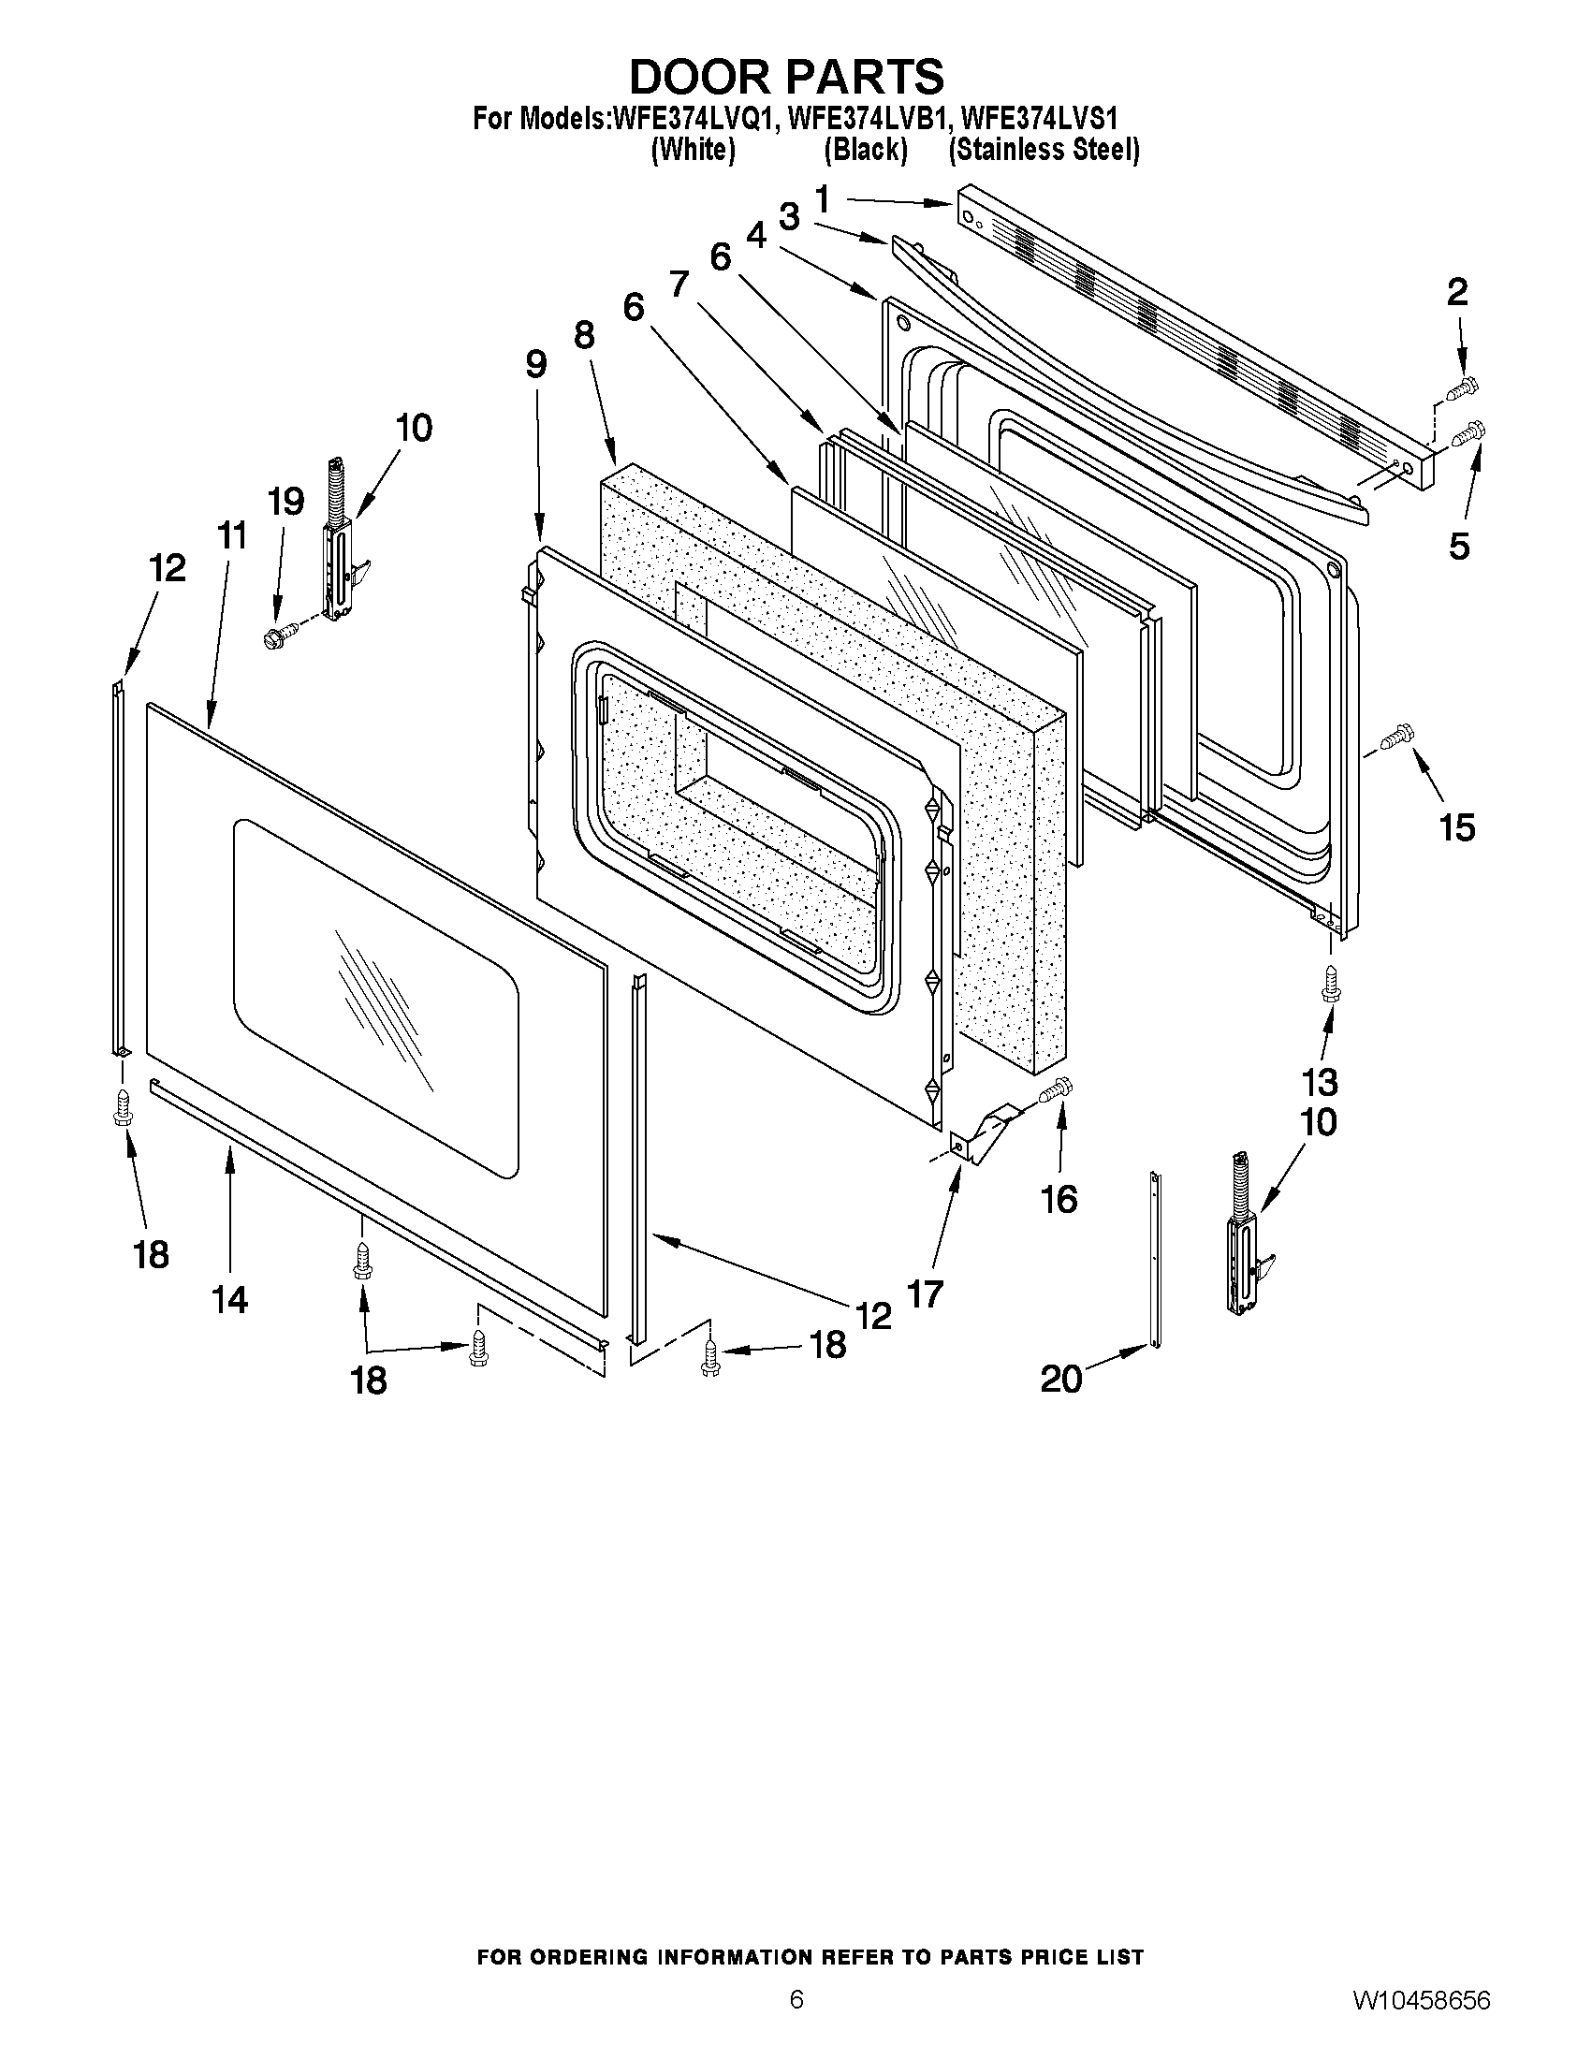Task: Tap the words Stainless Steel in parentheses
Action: coord(1044,150)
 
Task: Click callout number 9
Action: coord(535,364)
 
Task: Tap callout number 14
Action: coord(230,1300)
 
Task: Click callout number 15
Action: coord(1457,827)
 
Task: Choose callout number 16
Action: coord(1059,1199)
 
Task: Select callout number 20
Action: coord(1061,1379)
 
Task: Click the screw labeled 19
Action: coord(279,636)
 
